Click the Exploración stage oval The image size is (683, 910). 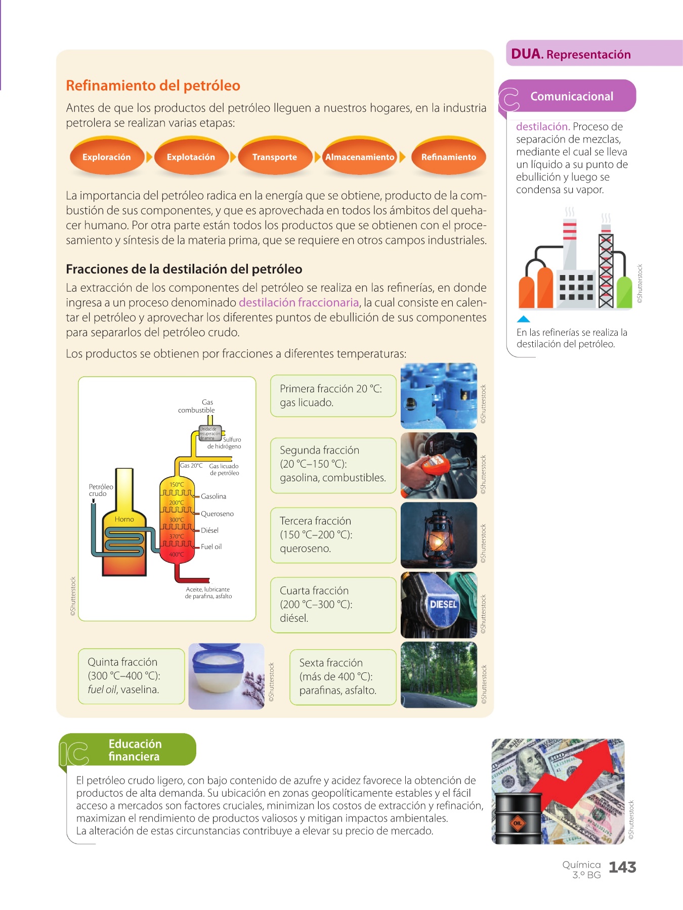(x=107, y=157)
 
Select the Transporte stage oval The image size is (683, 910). (x=275, y=157)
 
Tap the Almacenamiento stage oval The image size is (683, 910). (x=359, y=157)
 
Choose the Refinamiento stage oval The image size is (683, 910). (x=449, y=157)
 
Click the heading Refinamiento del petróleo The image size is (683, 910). (x=153, y=85)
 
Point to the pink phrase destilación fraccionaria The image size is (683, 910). (x=298, y=302)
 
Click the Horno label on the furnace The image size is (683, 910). (x=124, y=519)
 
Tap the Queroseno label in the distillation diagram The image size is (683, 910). (x=217, y=514)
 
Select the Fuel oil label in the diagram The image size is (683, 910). (x=211, y=547)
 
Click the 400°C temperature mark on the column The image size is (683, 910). (x=176, y=555)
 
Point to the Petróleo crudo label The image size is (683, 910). (x=101, y=490)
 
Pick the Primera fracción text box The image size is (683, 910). (x=333, y=396)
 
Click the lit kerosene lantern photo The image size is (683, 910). (x=439, y=535)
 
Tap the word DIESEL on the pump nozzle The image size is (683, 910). (x=443, y=604)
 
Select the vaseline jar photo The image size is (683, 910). (x=226, y=676)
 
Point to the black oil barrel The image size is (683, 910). (x=517, y=818)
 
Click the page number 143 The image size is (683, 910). (x=622, y=868)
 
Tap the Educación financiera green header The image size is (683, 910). (x=135, y=750)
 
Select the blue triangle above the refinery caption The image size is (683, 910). (x=523, y=319)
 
